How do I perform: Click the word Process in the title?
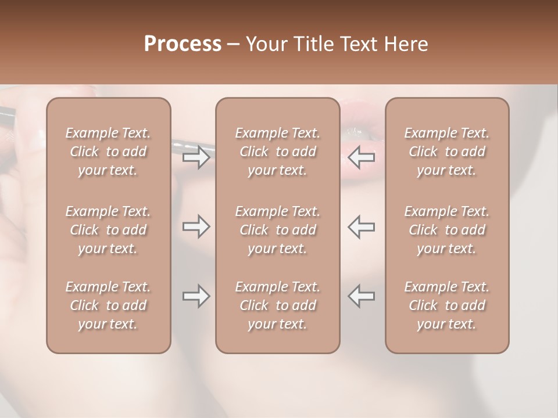[183, 44]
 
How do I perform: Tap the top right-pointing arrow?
[196, 157]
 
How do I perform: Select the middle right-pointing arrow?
[196, 226]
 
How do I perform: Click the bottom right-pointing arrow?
[196, 296]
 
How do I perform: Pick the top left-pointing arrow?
[361, 157]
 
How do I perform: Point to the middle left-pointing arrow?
[361, 226]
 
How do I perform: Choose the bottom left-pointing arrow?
[361, 296]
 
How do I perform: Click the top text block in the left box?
[108, 152]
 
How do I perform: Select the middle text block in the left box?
[108, 230]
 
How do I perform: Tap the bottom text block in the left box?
[108, 305]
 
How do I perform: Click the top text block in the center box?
[277, 152]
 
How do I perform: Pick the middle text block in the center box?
[277, 230]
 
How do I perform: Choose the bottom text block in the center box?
[277, 305]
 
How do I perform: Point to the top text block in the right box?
[446, 152]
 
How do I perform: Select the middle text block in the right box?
[446, 230]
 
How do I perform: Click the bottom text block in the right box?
[446, 305]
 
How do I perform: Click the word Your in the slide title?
[266, 44]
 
